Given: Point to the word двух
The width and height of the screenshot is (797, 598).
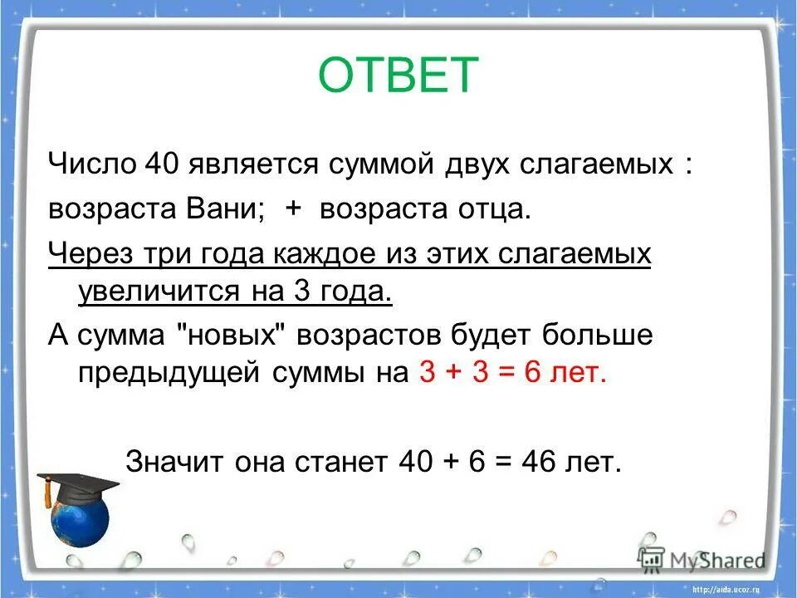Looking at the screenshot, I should pyautogui.click(x=469, y=163).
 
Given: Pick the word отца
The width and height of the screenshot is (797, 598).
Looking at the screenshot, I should pyautogui.click(x=491, y=208).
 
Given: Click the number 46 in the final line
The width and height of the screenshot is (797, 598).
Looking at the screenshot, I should pyautogui.click(x=540, y=463).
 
